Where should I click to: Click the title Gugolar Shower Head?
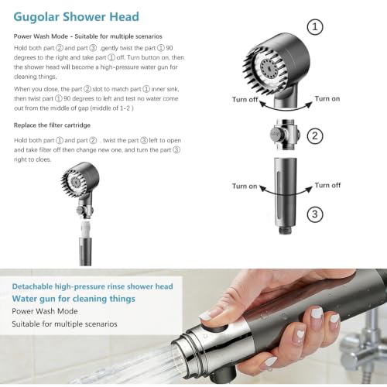click(x=76, y=17)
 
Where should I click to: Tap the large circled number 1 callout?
click(x=315, y=27)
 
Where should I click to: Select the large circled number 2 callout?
click(x=315, y=135)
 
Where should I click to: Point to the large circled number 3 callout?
click(x=315, y=214)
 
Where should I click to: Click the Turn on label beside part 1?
click(x=327, y=99)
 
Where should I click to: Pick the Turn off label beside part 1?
click(x=245, y=100)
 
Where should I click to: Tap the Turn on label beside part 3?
click(x=245, y=187)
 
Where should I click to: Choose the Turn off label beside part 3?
click(x=327, y=185)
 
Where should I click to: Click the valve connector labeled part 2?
click(x=285, y=135)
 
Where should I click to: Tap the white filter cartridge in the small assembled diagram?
click(x=85, y=229)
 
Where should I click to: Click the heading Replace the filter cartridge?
click(x=52, y=125)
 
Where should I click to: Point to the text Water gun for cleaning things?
click(x=74, y=299)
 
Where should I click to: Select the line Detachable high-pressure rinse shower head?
click(x=92, y=286)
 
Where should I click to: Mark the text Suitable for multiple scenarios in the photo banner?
click(x=64, y=324)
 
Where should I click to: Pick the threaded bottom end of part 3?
click(x=285, y=230)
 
